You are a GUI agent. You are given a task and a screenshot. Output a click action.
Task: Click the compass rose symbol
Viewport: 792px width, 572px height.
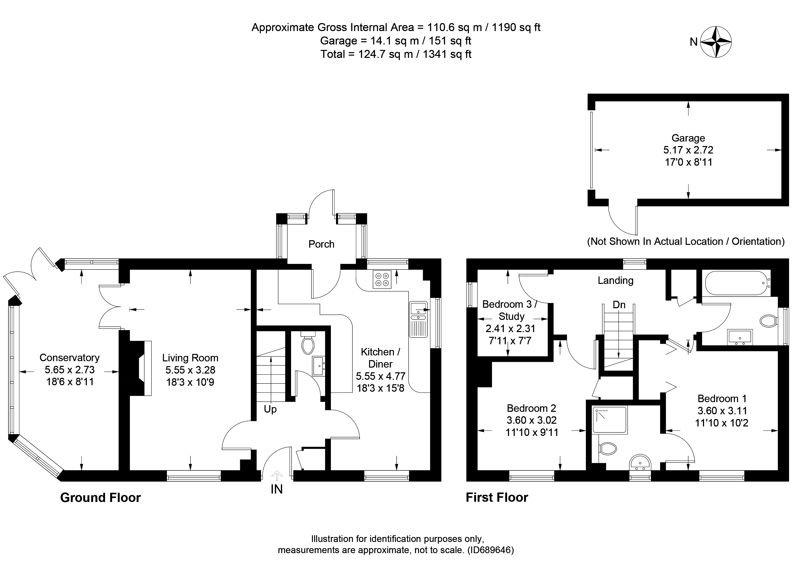point(716,42)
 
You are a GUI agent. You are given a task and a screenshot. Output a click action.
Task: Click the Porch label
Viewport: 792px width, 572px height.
point(321,244)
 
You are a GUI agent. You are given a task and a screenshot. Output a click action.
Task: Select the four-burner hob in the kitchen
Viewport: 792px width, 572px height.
point(382,279)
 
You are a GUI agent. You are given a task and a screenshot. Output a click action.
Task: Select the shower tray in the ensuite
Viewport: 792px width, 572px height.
point(610,420)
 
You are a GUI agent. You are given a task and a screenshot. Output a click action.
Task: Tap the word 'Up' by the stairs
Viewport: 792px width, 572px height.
point(270,409)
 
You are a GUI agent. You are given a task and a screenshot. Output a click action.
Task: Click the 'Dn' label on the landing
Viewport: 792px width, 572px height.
point(619,305)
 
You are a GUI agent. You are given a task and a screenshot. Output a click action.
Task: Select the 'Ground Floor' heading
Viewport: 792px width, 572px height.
point(100,498)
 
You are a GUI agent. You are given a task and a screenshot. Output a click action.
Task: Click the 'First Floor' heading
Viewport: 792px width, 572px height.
point(497,497)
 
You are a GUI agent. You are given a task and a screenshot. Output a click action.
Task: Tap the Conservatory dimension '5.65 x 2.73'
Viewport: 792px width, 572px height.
point(70,370)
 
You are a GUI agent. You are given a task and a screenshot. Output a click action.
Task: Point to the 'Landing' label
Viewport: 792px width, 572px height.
point(615,280)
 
